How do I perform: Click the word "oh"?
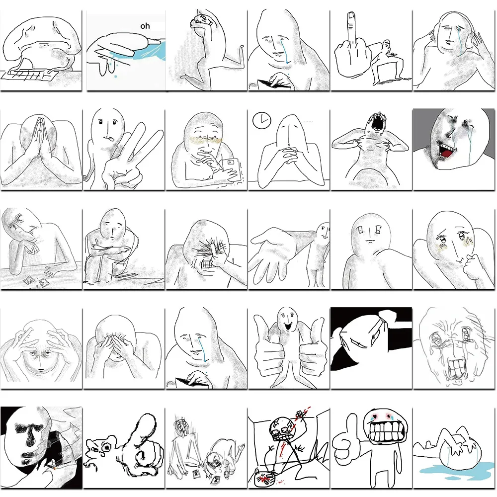coord(145,26)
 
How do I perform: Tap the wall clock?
coord(262,120)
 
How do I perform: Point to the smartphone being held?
coord(231,170)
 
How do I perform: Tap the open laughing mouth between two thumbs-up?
coord(288,326)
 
